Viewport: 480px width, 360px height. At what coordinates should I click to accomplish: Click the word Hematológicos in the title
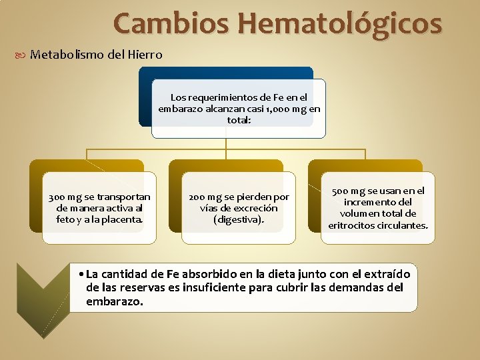point(339,23)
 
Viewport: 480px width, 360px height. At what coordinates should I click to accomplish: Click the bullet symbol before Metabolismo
point(24,55)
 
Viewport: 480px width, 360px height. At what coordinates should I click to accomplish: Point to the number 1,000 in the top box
point(276,109)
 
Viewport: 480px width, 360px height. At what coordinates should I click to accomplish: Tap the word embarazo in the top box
point(181,109)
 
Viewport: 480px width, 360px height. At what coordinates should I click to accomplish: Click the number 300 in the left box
point(58,197)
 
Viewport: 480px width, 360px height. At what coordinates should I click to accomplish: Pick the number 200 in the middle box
point(198,197)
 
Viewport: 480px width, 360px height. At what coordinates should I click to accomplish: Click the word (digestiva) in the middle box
point(239,219)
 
